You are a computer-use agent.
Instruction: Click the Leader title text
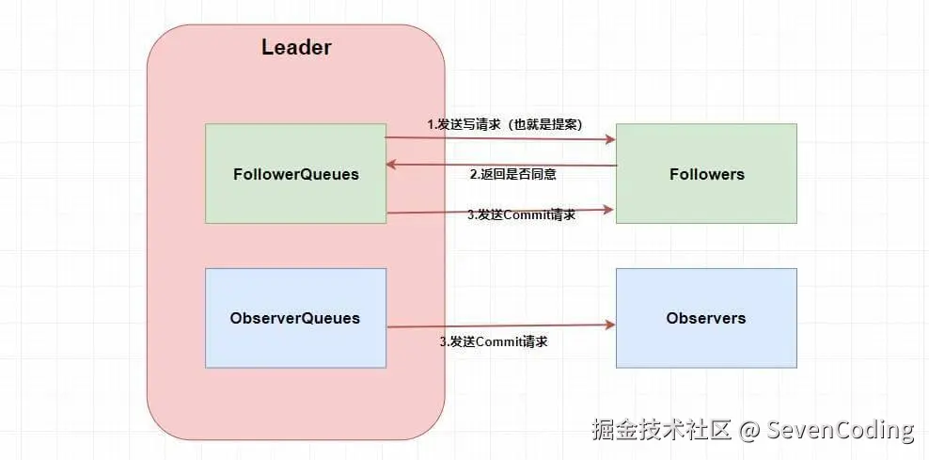(x=295, y=48)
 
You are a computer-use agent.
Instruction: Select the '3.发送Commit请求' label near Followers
(x=521, y=214)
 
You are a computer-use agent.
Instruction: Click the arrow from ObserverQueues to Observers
(x=498, y=326)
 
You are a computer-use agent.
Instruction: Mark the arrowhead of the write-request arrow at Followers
(x=610, y=140)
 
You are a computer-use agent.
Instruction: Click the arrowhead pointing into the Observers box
(x=610, y=325)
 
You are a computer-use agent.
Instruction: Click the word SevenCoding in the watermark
(x=841, y=431)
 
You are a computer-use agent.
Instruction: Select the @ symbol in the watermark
(x=749, y=431)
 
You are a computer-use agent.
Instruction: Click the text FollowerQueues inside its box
(x=295, y=174)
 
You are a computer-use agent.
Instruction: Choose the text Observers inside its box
(x=706, y=318)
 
